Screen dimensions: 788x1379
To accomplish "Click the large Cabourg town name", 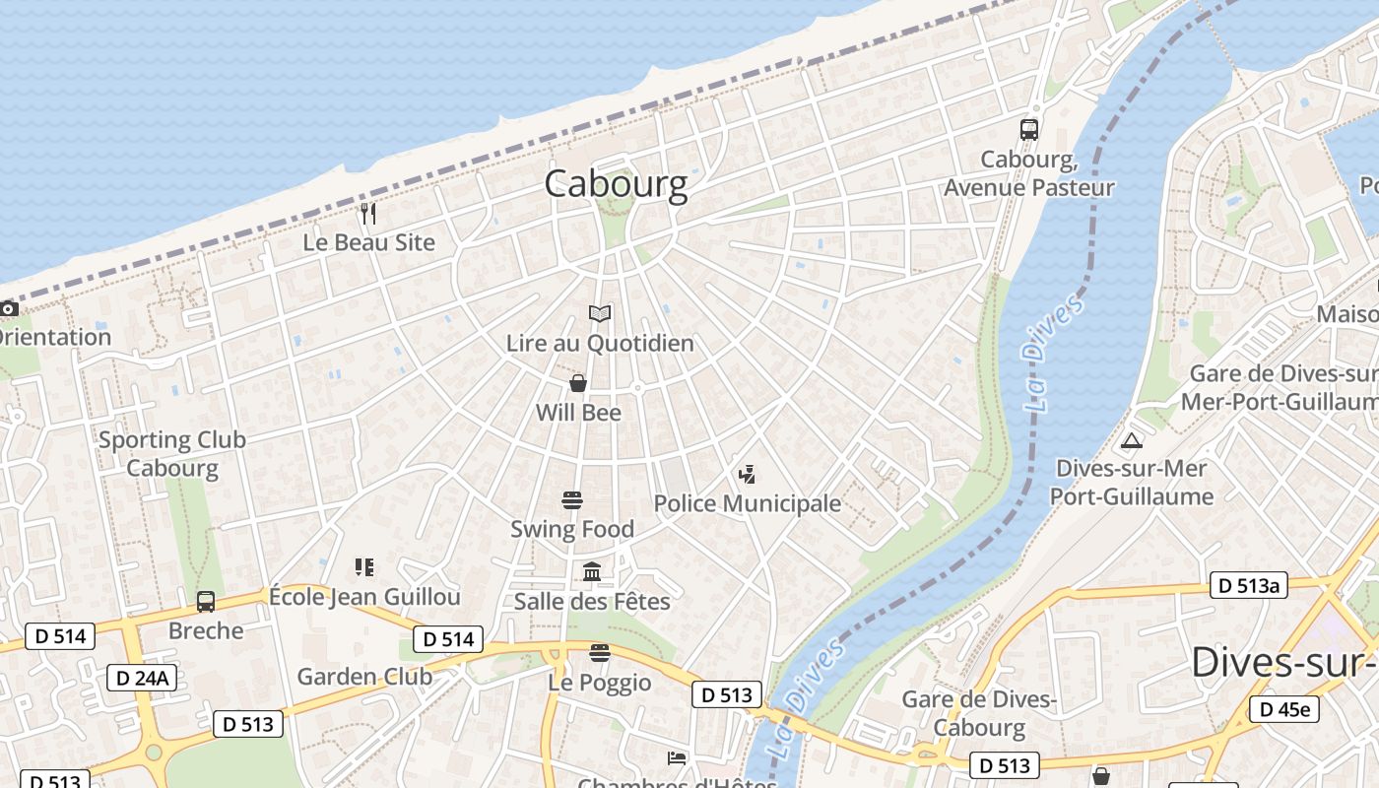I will click(x=616, y=184).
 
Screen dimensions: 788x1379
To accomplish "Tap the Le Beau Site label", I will click(x=368, y=242).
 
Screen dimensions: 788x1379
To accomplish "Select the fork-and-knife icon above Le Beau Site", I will click(x=368, y=213).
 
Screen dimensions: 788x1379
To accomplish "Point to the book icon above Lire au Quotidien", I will click(x=600, y=314).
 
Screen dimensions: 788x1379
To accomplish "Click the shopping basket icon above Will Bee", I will click(x=578, y=383).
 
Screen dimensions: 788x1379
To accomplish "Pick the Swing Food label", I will click(x=572, y=529).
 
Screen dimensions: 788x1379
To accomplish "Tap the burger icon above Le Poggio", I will click(x=600, y=653).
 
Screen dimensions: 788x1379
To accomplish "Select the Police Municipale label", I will click(x=748, y=504).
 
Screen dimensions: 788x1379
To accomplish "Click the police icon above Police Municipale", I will click(x=747, y=475).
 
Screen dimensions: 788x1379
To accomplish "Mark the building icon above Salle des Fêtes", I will click(x=592, y=572).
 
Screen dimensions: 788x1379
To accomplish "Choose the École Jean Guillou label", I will click(x=364, y=597).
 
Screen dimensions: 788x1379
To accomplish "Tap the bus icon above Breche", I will click(x=206, y=602).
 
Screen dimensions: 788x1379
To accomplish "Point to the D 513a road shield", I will click(x=1249, y=586).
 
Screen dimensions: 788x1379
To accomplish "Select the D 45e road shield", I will click(x=1284, y=709).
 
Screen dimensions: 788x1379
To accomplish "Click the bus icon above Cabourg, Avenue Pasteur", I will click(x=1029, y=129).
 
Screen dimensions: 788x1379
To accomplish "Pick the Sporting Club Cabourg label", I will click(x=172, y=453).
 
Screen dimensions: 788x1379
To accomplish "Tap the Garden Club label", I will click(x=364, y=677).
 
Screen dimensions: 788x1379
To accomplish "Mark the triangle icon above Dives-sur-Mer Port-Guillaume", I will click(x=1132, y=440).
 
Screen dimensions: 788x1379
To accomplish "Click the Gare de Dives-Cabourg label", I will click(x=979, y=713).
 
